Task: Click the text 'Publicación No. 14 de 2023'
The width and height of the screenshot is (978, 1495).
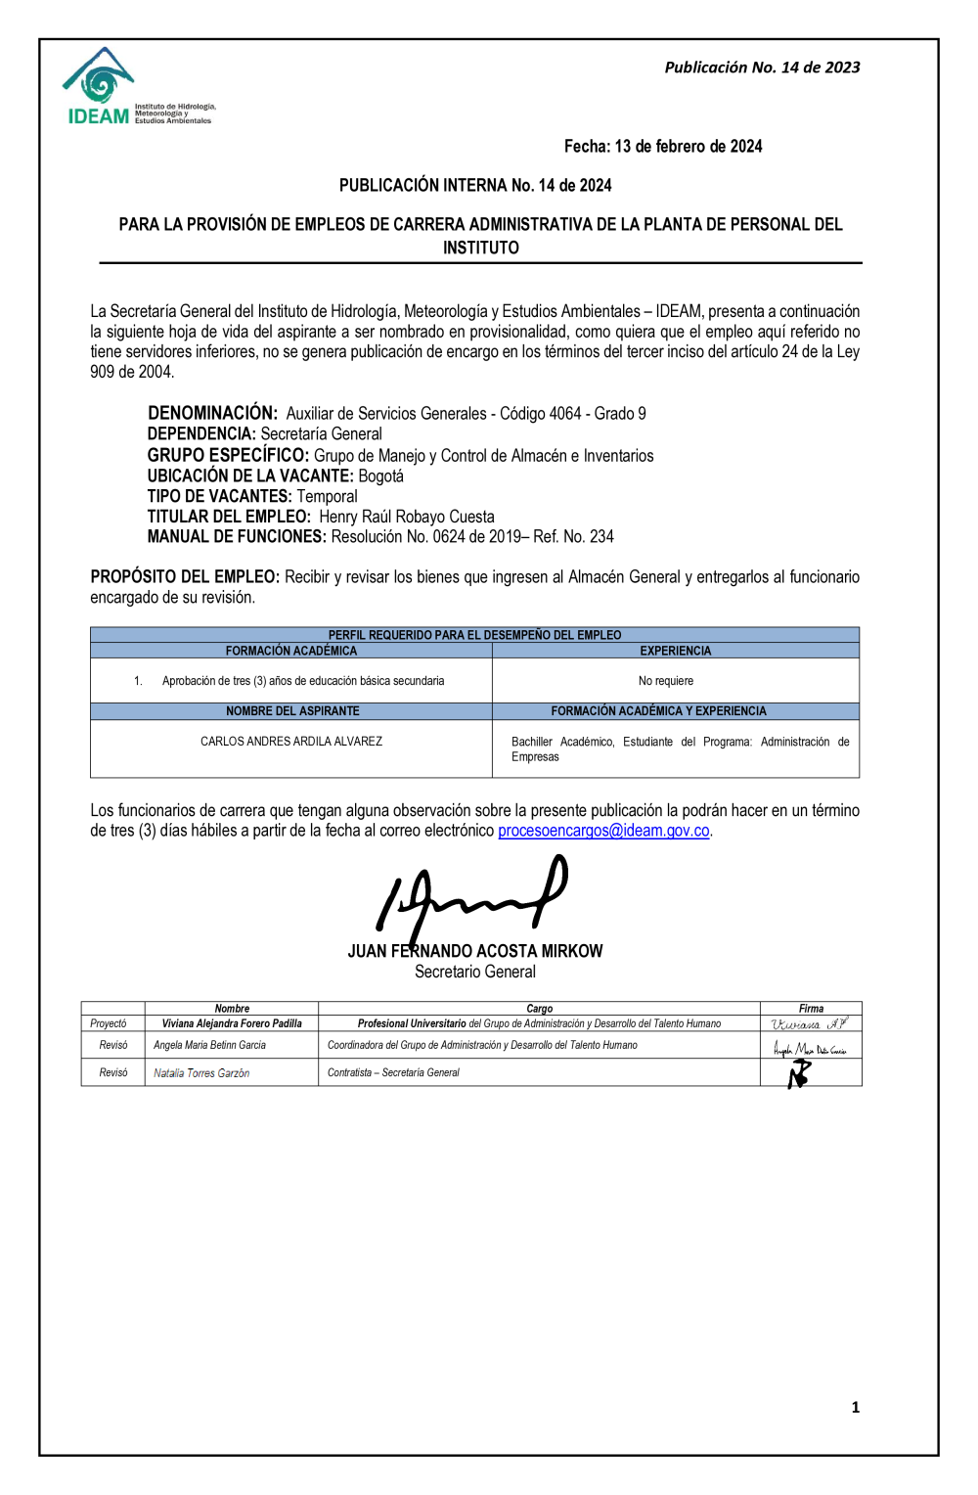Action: (x=762, y=68)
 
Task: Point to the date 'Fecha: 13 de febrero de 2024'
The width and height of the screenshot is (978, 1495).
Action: (x=663, y=147)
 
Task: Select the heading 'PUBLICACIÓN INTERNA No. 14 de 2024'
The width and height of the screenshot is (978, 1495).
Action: (x=475, y=186)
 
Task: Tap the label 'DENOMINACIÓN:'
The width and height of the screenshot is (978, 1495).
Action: (x=212, y=414)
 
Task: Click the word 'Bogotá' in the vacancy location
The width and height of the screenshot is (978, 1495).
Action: (x=380, y=476)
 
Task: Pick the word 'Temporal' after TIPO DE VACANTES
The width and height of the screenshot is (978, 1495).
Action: (x=327, y=497)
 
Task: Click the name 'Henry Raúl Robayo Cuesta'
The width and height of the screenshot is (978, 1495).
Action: (x=407, y=518)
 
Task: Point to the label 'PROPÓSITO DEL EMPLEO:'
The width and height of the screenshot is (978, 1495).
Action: (x=185, y=577)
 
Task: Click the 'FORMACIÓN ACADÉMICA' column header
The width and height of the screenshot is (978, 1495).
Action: (x=291, y=651)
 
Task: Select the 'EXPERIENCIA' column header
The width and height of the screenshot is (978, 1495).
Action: (x=676, y=651)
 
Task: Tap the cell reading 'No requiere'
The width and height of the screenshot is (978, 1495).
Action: (x=666, y=681)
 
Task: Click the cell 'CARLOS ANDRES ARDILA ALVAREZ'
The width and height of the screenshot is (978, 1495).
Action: (x=291, y=742)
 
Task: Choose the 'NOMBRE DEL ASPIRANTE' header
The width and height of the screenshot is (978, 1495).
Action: (x=292, y=711)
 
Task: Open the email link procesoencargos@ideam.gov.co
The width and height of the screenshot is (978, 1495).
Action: (x=603, y=831)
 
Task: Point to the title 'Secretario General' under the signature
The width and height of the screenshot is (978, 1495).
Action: (x=475, y=973)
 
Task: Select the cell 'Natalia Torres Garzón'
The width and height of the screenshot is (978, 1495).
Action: (x=201, y=1073)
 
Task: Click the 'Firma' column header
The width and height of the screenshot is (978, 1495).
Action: (x=811, y=1009)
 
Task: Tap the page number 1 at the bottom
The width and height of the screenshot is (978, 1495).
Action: (x=856, y=1408)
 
